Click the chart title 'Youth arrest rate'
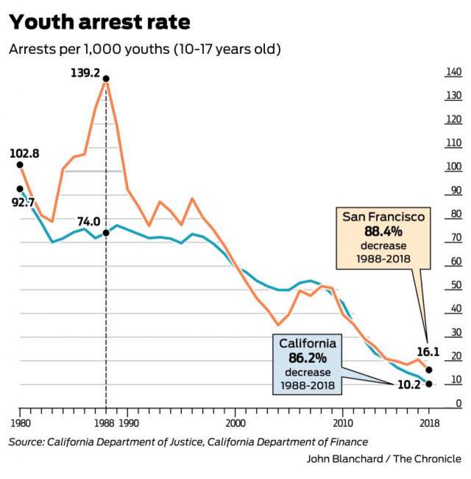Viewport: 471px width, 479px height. coord(100,22)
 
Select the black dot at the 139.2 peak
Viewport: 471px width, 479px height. coord(106,79)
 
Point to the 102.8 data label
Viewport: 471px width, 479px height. coord(24,152)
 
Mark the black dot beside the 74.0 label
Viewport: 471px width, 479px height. coord(106,232)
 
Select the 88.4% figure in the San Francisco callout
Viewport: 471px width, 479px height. coord(383,232)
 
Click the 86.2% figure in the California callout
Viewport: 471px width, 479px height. coord(307,359)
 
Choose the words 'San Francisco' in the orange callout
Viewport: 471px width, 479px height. coord(383,217)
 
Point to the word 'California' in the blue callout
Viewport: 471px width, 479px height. coord(307,344)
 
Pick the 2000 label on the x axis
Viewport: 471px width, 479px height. coord(235,424)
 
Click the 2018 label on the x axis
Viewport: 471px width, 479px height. coord(428,424)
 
